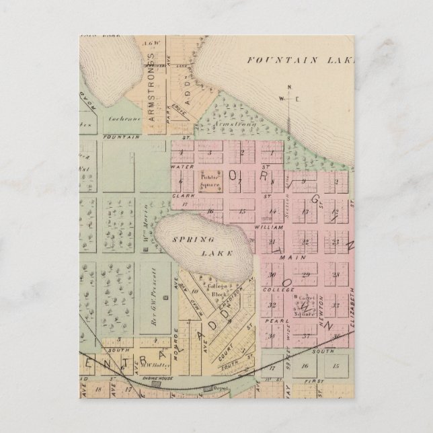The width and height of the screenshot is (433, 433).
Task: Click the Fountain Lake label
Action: (300, 58)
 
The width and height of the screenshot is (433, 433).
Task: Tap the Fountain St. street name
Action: (122, 136)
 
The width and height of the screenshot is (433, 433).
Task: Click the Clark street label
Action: (179, 196)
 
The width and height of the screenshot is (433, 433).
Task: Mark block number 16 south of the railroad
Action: (305, 366)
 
